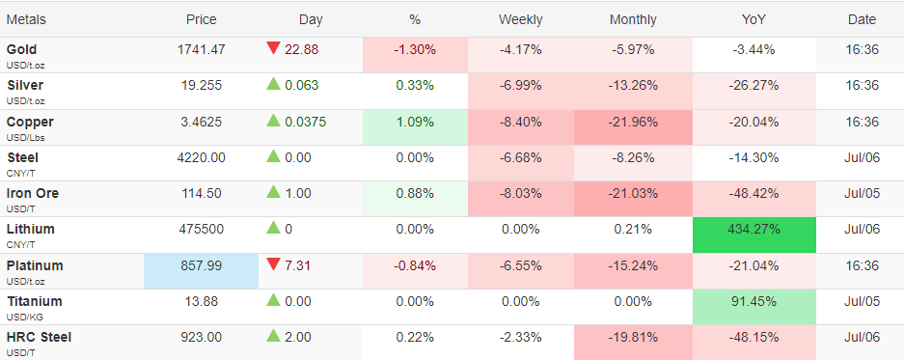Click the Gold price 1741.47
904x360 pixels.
coord(202,49)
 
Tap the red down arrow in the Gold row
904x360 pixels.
coord(273,48)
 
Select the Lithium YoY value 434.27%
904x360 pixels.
coord(754,229)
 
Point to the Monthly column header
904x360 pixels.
coord(633,19)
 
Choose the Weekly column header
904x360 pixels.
coord(521,19)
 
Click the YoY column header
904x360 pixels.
coord(754,19)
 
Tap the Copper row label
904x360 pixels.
coord(30,122)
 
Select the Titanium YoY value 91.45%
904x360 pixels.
coord(754,301)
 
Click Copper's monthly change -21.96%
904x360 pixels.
coord(633,122)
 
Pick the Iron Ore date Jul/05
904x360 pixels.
coord(862,193)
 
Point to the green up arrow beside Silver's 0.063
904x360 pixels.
coord(273,84)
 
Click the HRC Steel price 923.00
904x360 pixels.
coord(202,337)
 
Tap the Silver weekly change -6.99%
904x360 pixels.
coord(521,85)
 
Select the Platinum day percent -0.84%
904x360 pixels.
coord(415,265)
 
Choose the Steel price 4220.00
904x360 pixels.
coord(202,157)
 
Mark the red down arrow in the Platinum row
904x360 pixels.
coord(273,264)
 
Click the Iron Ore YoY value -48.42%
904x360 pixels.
coord(754,193)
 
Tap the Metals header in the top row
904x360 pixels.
coord(26,19)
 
